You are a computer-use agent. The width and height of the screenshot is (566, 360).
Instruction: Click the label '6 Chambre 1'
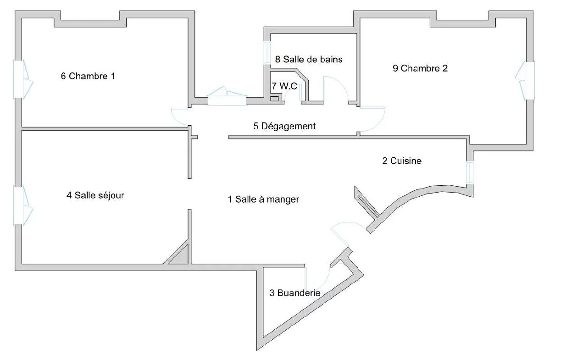(x=88, y=76)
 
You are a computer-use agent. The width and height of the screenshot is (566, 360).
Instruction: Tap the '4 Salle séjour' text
(x=95, y=195)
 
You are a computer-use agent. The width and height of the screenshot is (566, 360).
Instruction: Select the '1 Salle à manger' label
(x=264, y=199)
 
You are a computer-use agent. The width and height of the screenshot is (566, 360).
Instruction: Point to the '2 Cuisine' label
(x=402, y=161)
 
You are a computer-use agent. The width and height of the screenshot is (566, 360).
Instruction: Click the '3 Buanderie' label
(x=295, y=293)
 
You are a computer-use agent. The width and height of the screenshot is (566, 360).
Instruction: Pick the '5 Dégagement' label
(x=284, y=126)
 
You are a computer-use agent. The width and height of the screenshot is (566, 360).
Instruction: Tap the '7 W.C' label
(x=284, y=86)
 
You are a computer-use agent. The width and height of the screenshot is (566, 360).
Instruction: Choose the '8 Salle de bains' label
(x=309, y=59)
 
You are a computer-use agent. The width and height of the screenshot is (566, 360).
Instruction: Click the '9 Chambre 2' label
(x=420, y=68)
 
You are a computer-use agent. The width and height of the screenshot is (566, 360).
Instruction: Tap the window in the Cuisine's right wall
(x=470, y=172)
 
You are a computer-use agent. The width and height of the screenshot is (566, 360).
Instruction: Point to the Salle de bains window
(x=267, y=53)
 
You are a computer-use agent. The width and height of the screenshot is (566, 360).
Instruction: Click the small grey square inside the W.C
(x=274, y=99)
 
